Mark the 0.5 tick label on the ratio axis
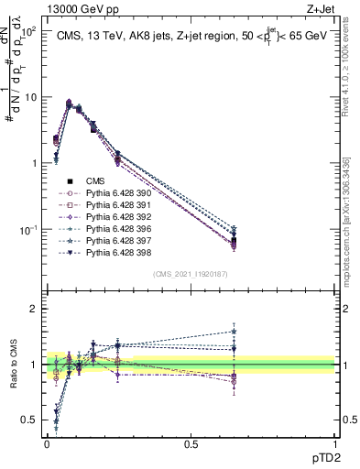pyautogui.click(x=29, y=420)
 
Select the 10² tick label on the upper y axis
pyautogui.click(x=28, y=31)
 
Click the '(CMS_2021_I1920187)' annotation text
pyautogui.click(x=191, y=273)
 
